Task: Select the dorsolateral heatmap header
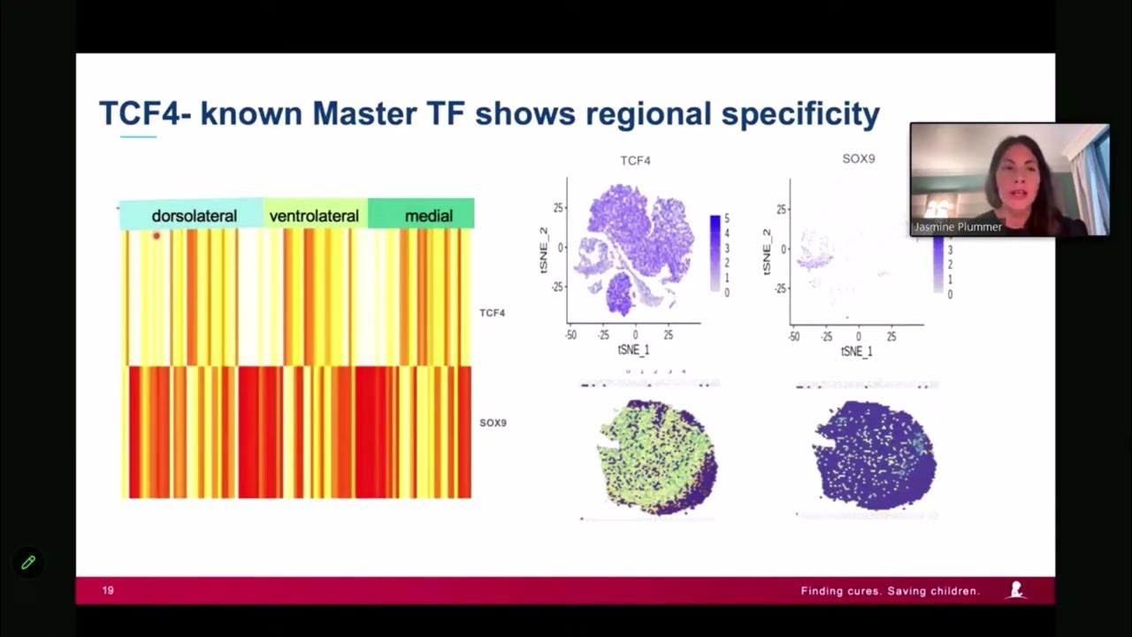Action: [194, 216]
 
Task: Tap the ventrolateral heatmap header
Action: [314, 216]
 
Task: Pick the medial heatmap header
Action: [428, 216]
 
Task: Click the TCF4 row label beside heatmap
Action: [493, 313]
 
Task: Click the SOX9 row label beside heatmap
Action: [493, 423]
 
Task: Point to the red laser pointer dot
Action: [157, 235]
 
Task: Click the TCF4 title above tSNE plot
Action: [635, 161]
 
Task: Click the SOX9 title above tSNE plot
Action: [857, 159]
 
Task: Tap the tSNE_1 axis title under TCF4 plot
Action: [633, 351]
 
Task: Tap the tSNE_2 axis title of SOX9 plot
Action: [767, 249]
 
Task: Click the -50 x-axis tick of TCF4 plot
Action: [571, 336]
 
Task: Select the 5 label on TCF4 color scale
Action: [727, 219]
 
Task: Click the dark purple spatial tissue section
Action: [874, 455]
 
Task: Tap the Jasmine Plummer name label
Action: [958, 227]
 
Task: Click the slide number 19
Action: [108, 591]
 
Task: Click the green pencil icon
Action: [28, 562]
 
